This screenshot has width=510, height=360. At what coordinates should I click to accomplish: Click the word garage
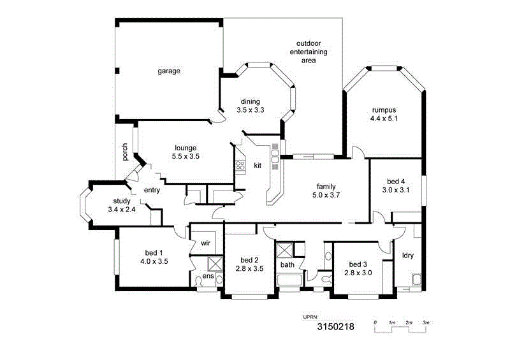click(169, 71)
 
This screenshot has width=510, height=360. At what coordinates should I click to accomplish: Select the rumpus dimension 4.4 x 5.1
click(384, 118)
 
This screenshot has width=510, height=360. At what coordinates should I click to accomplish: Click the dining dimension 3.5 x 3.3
click(250, 110)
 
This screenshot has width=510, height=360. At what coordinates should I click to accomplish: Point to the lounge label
click(184, 147)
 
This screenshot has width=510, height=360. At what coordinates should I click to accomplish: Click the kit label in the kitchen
click(258, 166)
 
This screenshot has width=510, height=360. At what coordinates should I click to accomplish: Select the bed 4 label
click(395, 181)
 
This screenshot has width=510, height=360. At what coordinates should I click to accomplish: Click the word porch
click(125, 151)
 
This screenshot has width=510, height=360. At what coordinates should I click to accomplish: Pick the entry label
click(152, 190)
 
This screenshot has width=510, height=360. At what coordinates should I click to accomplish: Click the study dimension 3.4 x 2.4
click(122, 210)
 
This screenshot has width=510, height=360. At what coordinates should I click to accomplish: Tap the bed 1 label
click(154, 252)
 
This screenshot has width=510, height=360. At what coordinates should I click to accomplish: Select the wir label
click(205, 243)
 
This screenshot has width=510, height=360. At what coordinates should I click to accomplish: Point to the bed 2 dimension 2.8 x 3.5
click(249, 269)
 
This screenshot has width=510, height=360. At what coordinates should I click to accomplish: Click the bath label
click(287, 264)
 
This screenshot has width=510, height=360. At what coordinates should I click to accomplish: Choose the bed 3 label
click(358, 264)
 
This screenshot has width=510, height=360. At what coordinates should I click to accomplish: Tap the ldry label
click(408, 256)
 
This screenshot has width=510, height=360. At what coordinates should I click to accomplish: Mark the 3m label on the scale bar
click(426, 323)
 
